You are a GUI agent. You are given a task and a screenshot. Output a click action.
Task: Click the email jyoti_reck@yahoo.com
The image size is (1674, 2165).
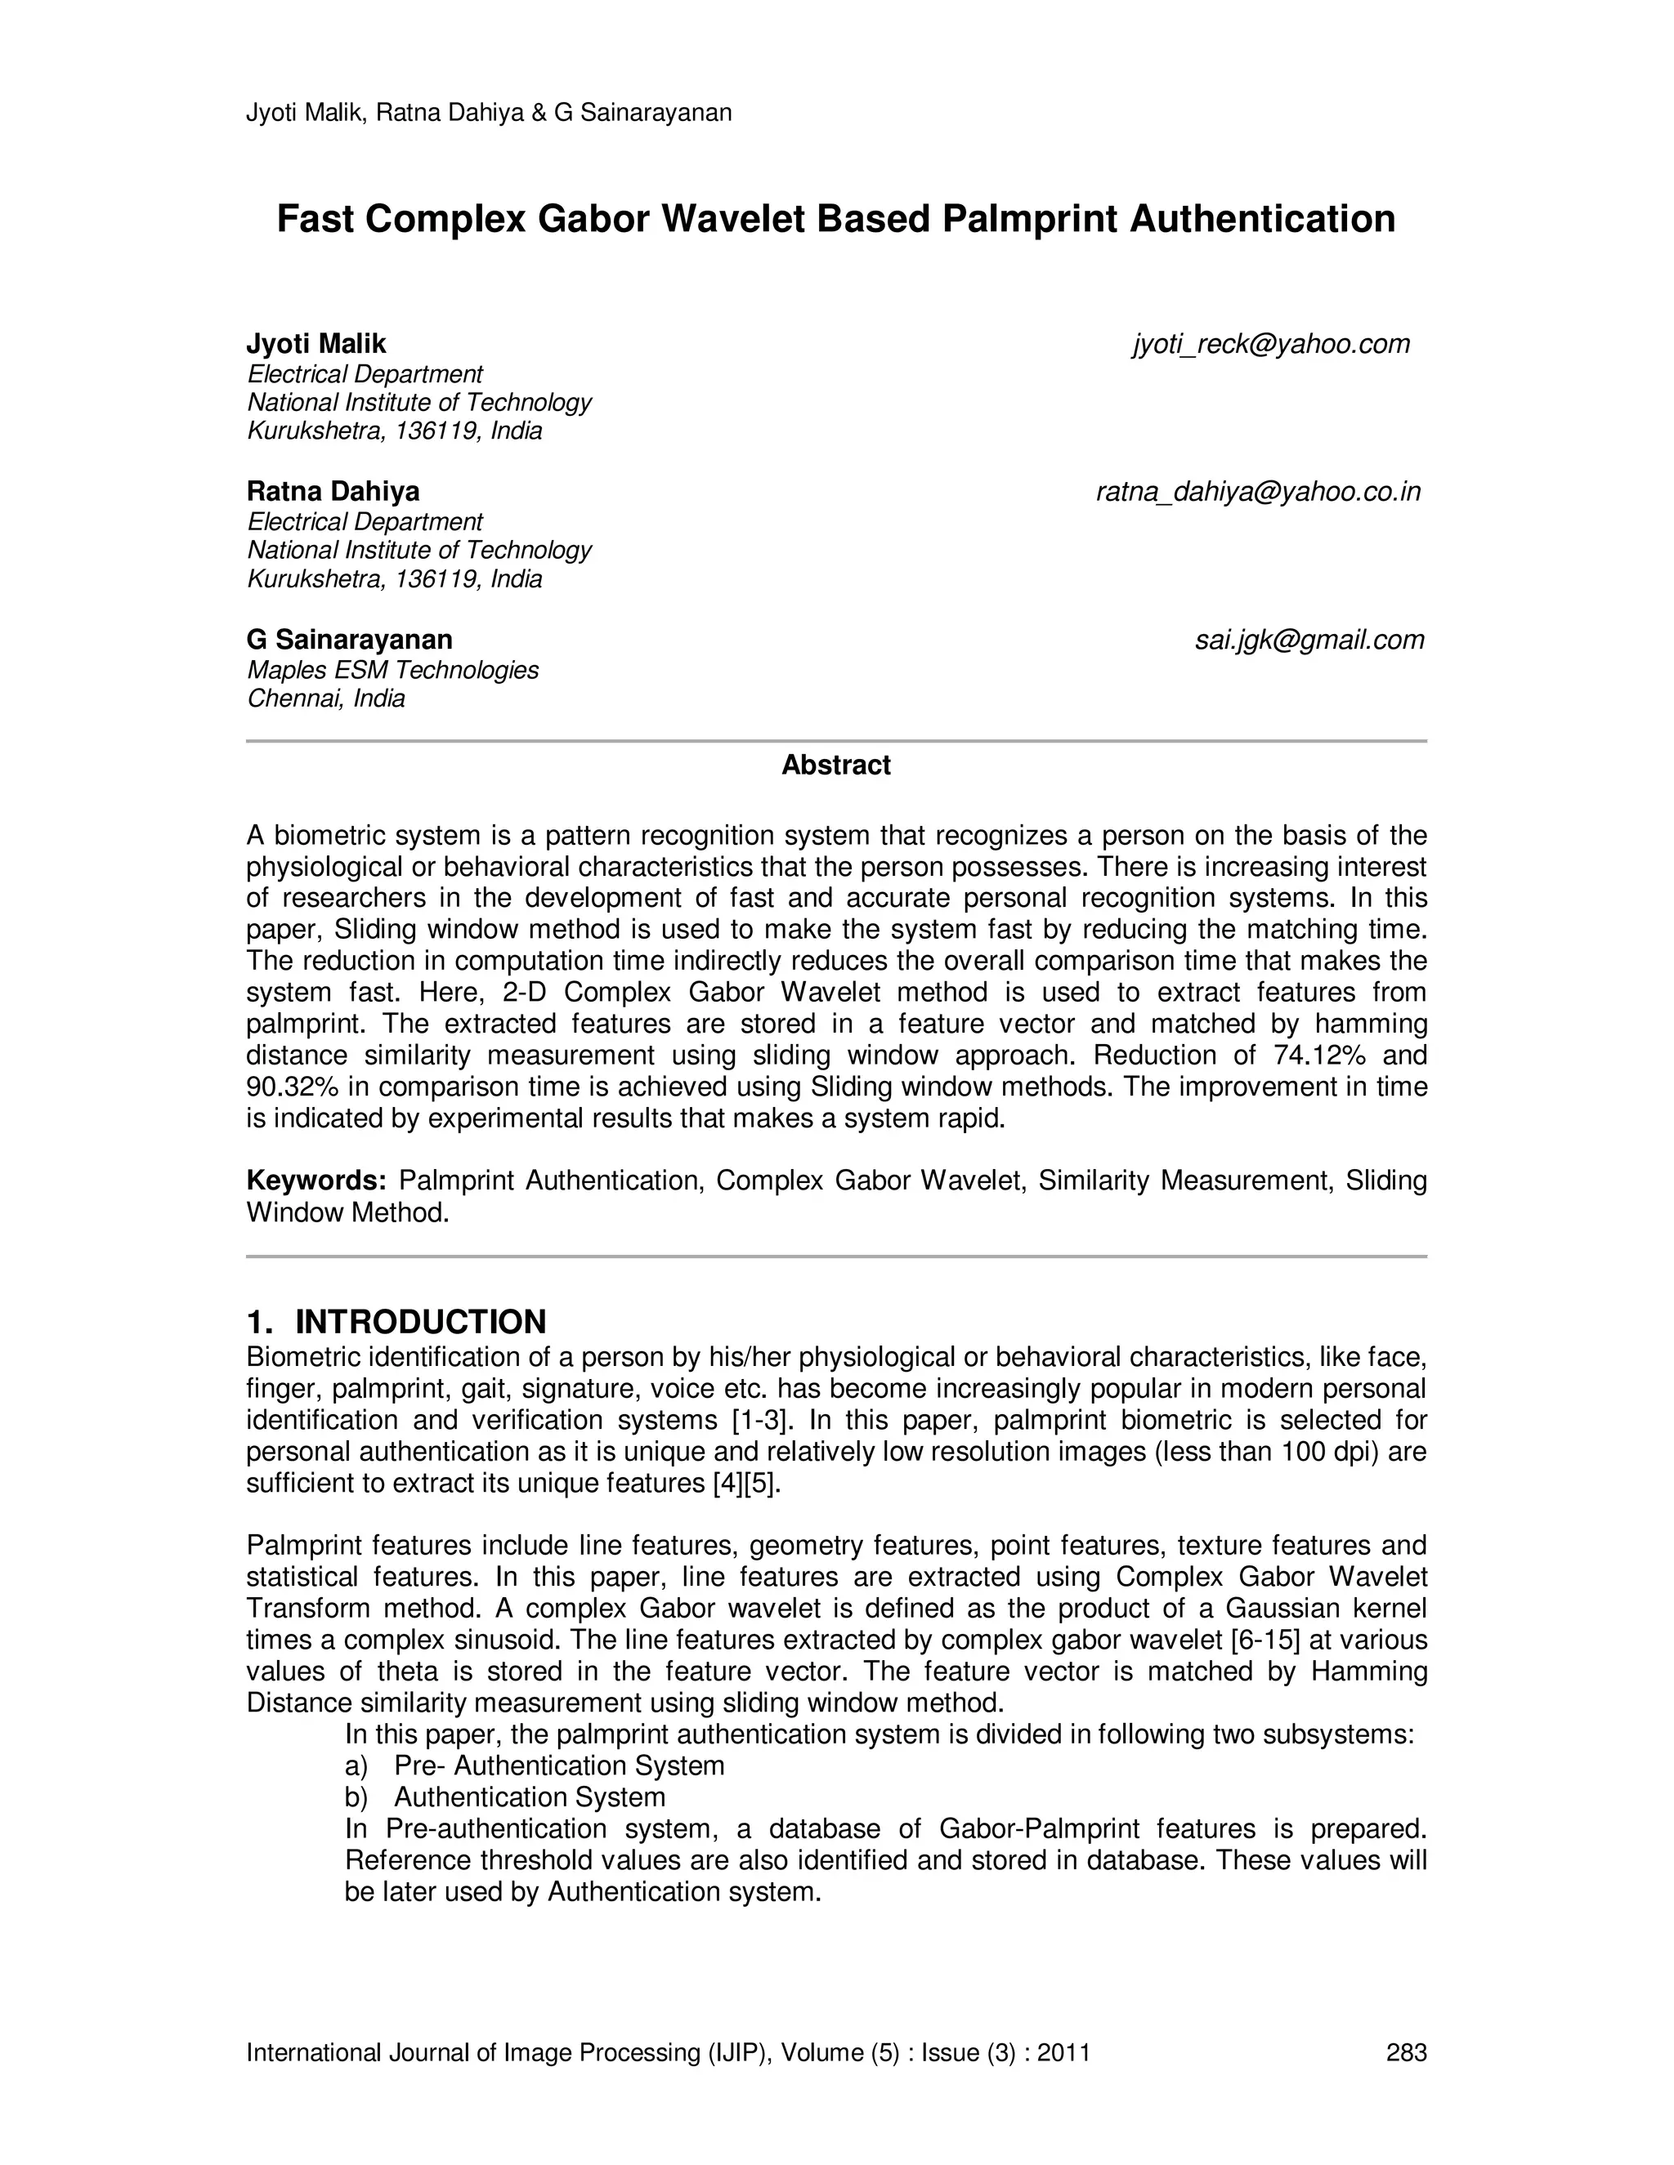click(x=1270, y=344)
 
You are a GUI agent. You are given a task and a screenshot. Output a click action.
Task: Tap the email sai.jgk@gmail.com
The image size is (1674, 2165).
click(x=1309, y=641)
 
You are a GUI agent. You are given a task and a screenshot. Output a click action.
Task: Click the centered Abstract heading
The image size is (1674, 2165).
click(x=836, y=766)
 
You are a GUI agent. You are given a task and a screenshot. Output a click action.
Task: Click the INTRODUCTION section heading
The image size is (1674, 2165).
click(x=420, y=1321)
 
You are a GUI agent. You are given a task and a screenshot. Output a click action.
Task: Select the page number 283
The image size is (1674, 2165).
click(x=1405, y=2052)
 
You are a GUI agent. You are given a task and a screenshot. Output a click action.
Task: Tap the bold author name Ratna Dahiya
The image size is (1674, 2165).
click(x=333, y=492)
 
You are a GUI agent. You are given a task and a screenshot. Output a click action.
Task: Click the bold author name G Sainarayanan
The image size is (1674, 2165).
click(x=349, y=640)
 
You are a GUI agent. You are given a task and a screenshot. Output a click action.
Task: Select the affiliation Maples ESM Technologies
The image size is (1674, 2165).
click(x=392, y=670)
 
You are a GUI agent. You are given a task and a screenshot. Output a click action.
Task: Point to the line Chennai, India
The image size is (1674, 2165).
click(x=326, y=699)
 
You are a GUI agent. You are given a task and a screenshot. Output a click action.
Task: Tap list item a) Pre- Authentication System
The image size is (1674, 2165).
click(x=535, y=1765)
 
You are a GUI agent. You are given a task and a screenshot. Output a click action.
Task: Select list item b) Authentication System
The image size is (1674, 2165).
click(x=506, y=1797)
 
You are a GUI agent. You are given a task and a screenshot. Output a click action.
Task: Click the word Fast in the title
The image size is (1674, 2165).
click(x=316, y=219)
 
